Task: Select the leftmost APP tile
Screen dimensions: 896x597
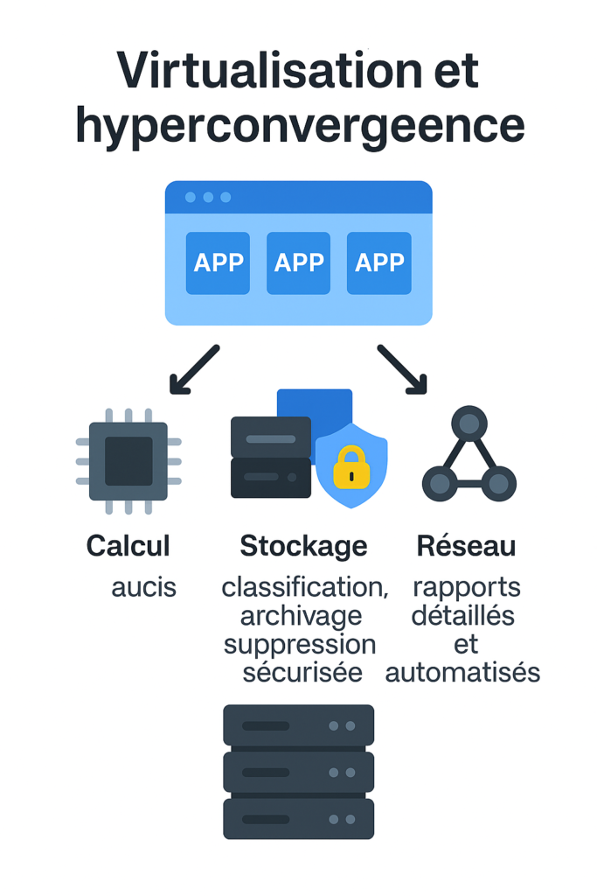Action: pos(218,262)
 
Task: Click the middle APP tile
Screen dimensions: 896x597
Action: pos(298,262)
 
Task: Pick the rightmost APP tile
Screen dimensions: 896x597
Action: pos(378,262)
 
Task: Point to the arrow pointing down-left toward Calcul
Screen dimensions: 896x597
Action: pos(194,368)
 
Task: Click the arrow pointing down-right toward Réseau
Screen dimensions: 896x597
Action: pos(403,368)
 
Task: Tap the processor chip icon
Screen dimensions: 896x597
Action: pos(128,461)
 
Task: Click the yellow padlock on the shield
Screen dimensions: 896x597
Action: pos(351,468)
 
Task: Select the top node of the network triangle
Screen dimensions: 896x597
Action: pos(469,424)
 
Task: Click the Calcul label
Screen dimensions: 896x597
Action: pos(128,546)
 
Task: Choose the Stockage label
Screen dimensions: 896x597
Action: pos(303,546)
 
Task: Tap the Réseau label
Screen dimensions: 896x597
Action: pos(466,546)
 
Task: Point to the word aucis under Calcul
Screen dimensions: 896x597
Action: pos(143,587)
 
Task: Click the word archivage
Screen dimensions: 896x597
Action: pos(301,616)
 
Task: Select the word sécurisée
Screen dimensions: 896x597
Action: pos(302,673)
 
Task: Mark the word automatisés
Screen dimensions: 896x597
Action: pos(462,673)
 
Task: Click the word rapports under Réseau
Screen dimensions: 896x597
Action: pos(466,587)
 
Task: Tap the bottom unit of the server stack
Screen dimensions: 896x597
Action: pos(298,818)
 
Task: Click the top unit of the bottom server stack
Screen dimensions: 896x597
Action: pos(298,725)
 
